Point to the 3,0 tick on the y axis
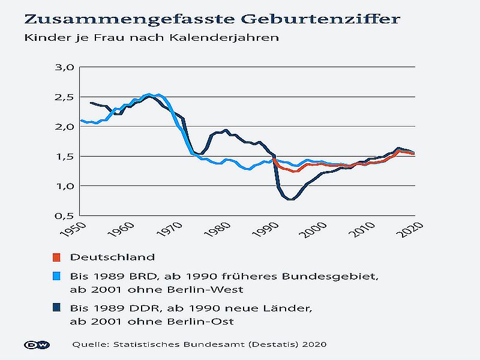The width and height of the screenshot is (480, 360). point(64,67)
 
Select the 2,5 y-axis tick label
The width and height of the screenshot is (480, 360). point(64,97)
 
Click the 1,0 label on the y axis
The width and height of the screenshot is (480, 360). point(64,186)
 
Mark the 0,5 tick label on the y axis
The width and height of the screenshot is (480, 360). point(64,215)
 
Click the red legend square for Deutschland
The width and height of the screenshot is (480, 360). point(56,257)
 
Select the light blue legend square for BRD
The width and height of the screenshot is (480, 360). point(56,277)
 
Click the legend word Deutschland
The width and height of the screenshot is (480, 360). point(112,257)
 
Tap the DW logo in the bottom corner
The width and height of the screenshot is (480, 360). point(37,344)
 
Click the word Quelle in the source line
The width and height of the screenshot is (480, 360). point(88,344)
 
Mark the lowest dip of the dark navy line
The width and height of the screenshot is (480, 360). point(291,199)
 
